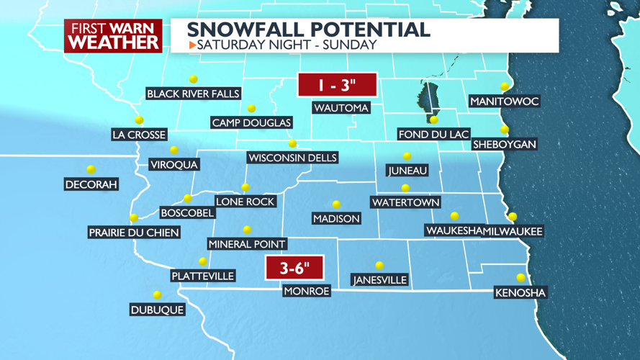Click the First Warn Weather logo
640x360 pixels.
point(113,35)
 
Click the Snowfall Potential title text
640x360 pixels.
point(308,30)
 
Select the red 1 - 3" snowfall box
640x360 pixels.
point(337,86)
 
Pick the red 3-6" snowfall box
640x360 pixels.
point(294,268)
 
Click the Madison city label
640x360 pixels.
point(336,218)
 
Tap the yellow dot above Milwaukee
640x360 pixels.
point(513,217)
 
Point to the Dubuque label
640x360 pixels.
point(157,310)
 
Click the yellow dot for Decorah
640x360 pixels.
point(91,170)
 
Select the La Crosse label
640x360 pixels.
point(140,135)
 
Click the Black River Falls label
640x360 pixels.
point(193,94)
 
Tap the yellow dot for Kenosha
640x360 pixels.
point(521,278)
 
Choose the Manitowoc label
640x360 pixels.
point(505,102)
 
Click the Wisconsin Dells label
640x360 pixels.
point(292,158)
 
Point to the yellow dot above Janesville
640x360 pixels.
point(379,266)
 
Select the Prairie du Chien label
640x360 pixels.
point(133,233)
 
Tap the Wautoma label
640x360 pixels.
point(341,108)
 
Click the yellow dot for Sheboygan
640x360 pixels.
point(505,130)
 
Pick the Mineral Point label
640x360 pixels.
point(247,244)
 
